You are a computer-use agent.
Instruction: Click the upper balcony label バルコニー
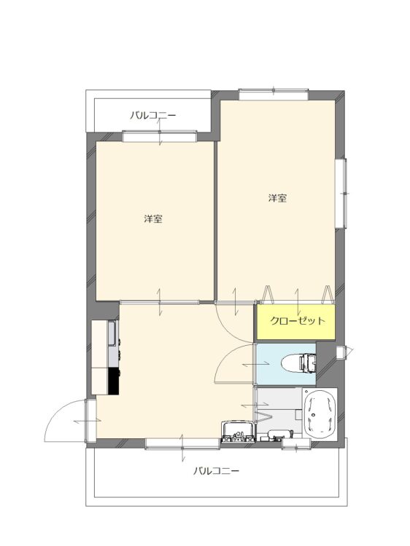152,115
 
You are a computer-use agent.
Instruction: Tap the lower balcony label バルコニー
217,471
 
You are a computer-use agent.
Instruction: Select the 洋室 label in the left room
153,219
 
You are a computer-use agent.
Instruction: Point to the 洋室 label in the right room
277,198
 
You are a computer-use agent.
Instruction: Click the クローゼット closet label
298,321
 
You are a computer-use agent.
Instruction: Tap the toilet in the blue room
298,363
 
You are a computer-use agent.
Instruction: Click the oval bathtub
320,414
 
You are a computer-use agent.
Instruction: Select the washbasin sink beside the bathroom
238,432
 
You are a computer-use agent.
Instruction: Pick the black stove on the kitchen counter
114,381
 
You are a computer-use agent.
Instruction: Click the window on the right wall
341,193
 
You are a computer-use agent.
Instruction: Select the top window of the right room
274,95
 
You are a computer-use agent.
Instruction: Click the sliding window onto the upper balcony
160,136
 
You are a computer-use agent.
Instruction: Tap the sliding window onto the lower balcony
182,443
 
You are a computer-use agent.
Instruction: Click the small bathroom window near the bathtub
296,443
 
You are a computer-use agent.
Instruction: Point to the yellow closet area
296,322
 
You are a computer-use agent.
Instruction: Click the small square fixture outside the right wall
340,352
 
